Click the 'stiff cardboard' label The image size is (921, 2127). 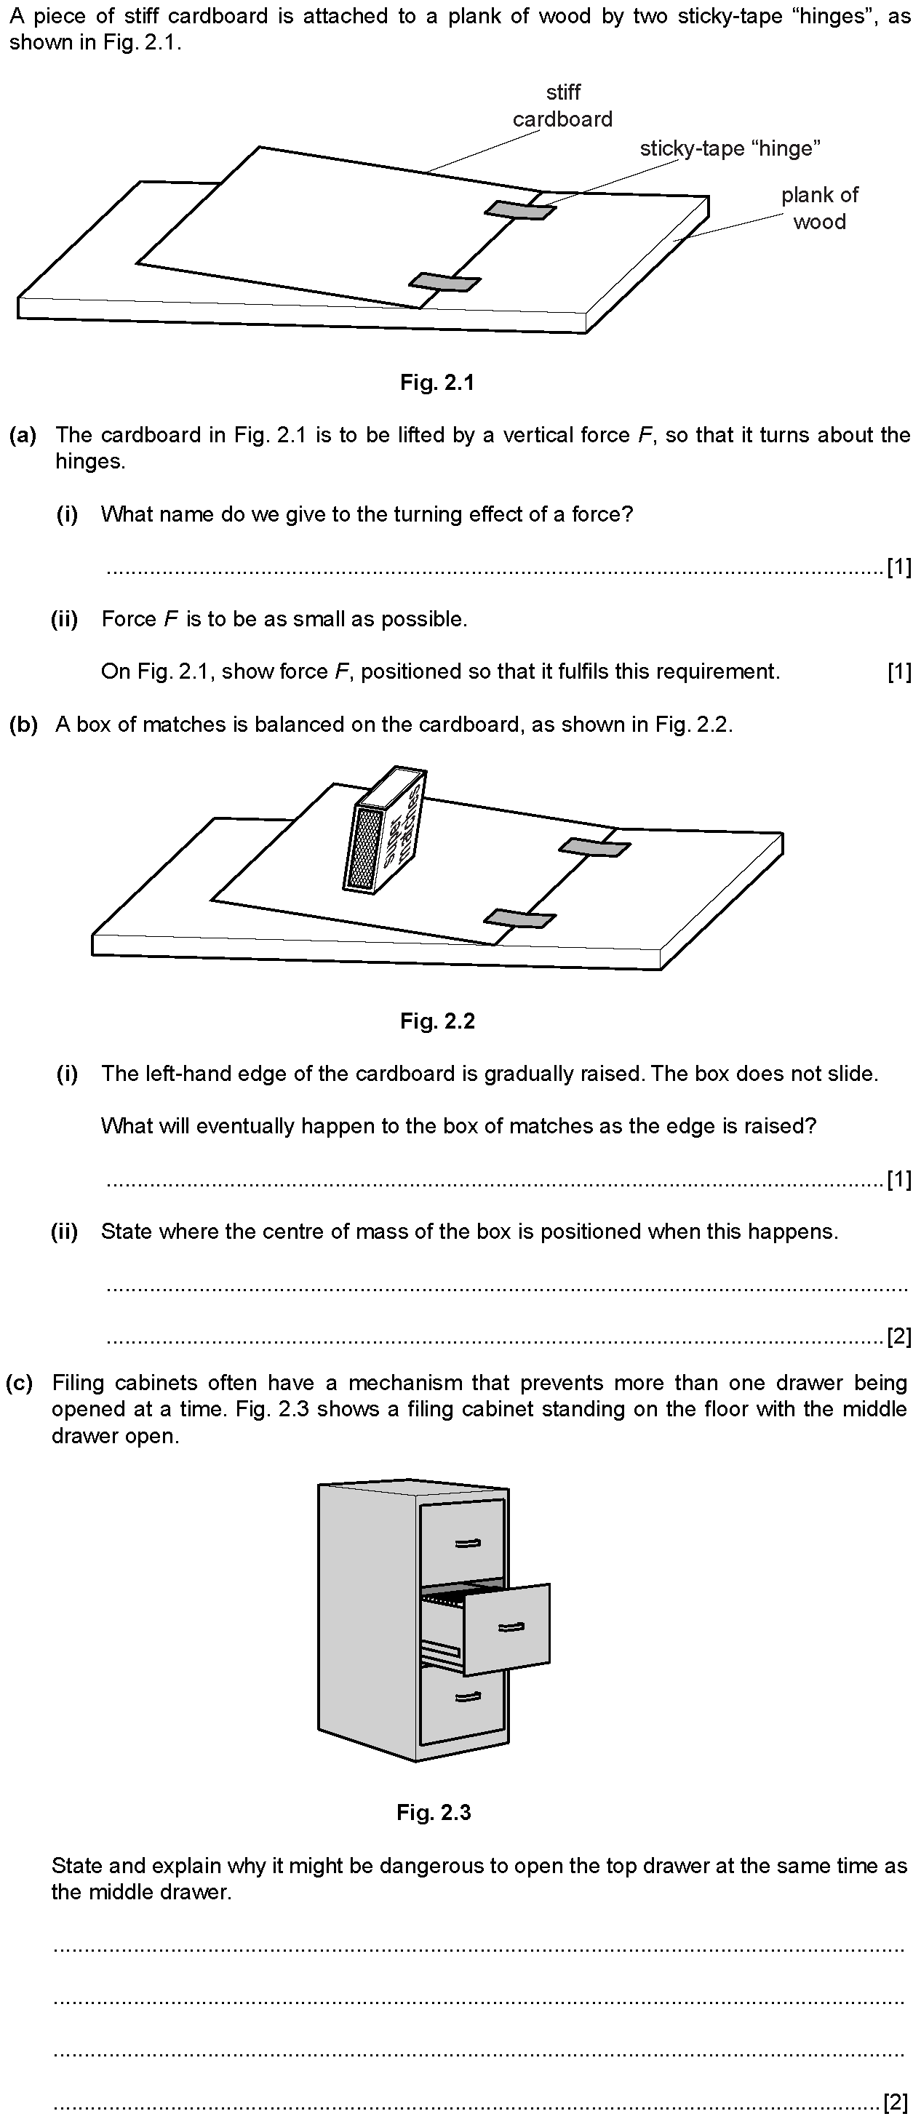[562, 105]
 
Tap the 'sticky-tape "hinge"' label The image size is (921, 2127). [730, 148]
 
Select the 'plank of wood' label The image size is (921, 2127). [819, 208]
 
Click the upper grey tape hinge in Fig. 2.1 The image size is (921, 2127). [519, 210]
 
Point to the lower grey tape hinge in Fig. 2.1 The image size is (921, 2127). [445, 282]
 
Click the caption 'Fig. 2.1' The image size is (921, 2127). [437, 383]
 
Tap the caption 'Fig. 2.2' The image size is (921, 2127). [437, 1021]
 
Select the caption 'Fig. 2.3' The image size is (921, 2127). [434, 1813]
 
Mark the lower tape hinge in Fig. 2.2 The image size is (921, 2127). [519, 918]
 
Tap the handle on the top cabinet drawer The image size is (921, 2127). [468, 1542]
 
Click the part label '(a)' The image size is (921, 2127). [23, 435]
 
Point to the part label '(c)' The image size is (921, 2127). [20, 1382]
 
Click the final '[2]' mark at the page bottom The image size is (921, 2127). [896, 2100]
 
